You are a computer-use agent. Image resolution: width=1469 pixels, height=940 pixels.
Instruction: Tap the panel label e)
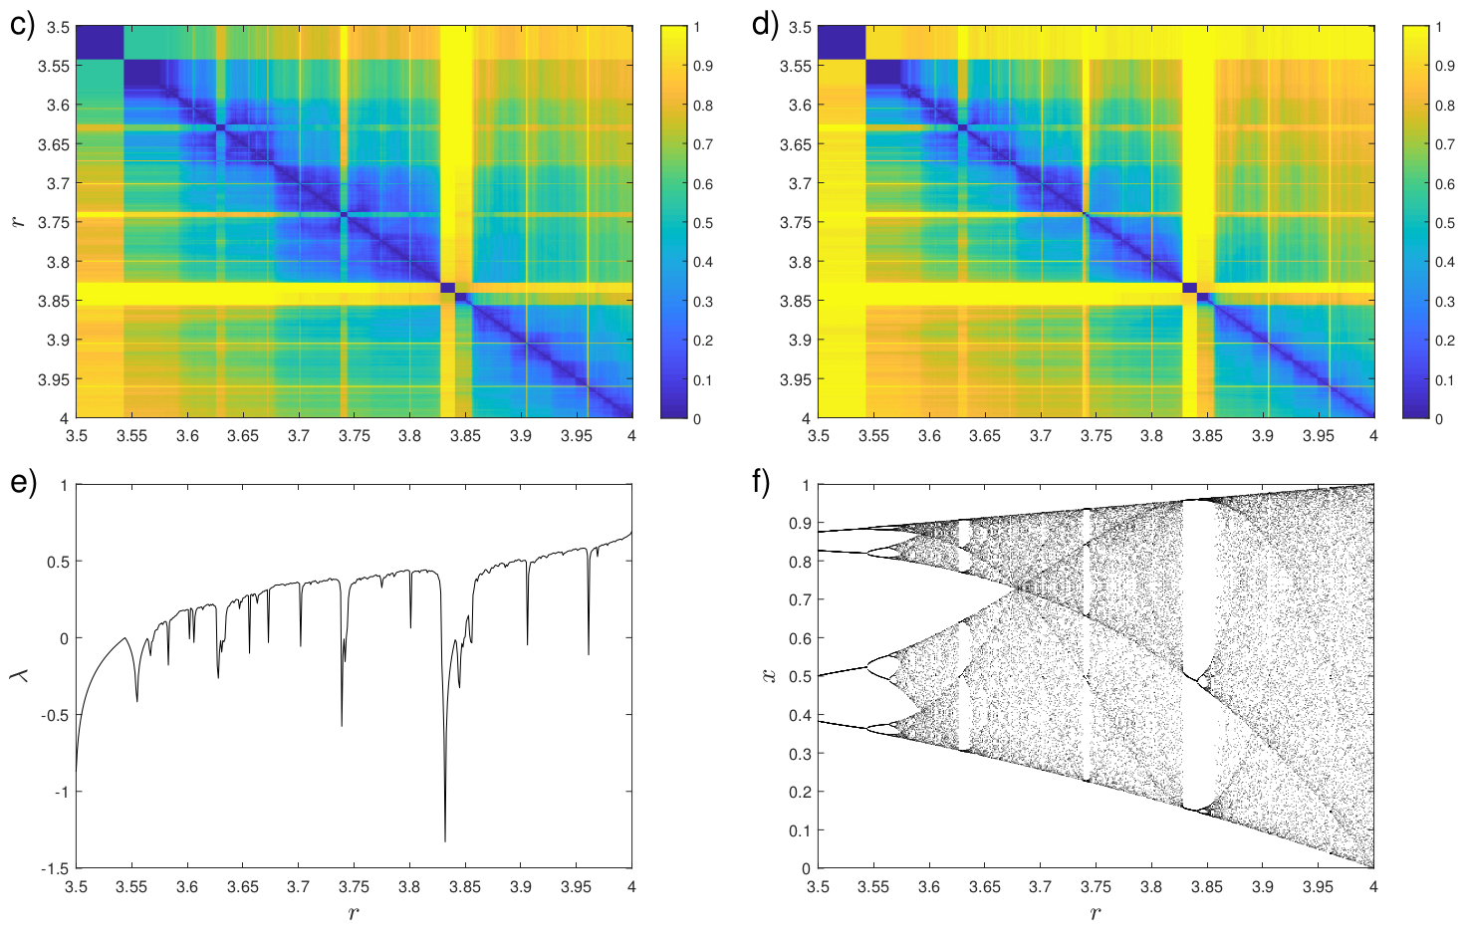(23, 483)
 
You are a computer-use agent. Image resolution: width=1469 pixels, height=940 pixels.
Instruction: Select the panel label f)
(762, 483)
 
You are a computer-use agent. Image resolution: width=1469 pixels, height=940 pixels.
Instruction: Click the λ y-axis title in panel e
(19, 675)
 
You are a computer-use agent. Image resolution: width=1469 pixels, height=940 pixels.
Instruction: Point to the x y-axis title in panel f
(768, 675)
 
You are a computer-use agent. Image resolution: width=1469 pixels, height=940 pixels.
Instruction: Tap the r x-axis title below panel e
(354, 913)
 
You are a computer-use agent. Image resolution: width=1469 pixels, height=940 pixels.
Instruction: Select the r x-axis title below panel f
(1096, 913)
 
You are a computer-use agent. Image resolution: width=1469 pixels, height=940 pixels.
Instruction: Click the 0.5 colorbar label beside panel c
(703, 223)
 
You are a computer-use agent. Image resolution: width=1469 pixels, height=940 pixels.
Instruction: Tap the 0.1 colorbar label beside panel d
(1445, 380)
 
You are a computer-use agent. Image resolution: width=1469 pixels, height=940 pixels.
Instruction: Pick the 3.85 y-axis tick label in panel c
(55, 301)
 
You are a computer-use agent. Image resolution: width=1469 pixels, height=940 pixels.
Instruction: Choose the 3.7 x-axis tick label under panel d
(1040, 435)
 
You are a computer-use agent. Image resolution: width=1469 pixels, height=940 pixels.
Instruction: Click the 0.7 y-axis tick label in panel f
(800, 599)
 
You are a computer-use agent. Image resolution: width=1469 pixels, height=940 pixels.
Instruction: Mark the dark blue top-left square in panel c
(100, 43)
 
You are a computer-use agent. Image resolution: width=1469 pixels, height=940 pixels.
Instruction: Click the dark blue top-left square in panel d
(842, 43)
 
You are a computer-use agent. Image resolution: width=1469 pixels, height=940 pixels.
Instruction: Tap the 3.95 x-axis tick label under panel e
(576, 886)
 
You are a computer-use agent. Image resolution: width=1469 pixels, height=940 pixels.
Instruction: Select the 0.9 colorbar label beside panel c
(703, 66)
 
